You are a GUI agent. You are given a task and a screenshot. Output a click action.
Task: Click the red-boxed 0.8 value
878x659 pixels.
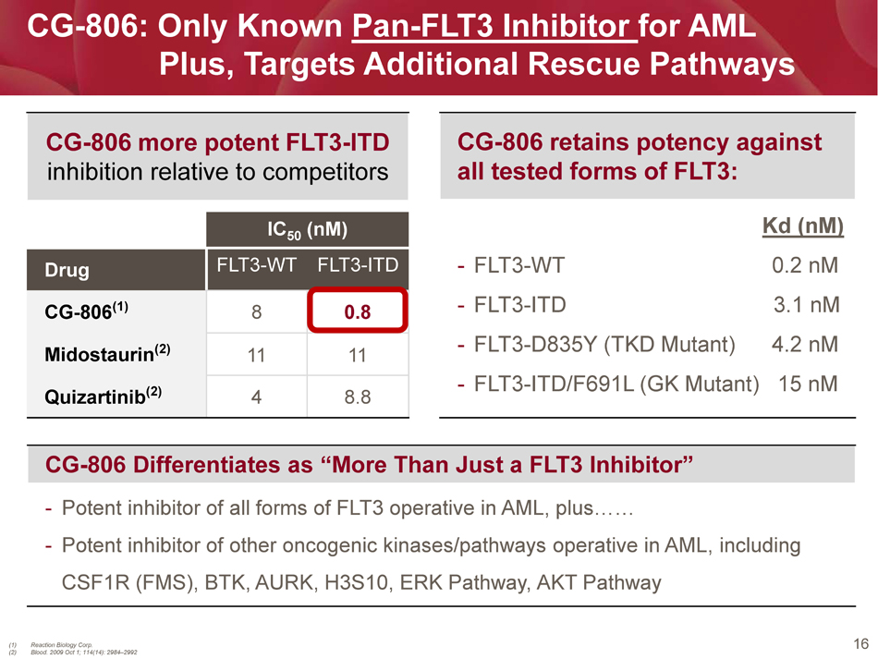tap(358, 311)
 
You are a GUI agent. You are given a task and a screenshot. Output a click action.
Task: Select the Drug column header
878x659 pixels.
tap(67, 270)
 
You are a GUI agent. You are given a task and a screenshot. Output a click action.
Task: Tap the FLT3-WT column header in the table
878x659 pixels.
tap(256, 264)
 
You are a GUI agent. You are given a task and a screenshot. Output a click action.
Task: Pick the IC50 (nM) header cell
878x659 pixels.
tap(308, 229)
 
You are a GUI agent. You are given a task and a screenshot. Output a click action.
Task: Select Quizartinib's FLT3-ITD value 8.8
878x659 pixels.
tap(358, 397)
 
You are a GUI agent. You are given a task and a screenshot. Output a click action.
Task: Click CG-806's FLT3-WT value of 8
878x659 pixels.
tap(256, 311)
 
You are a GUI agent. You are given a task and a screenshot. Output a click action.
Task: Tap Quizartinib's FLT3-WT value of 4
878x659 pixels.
tap(256, 397)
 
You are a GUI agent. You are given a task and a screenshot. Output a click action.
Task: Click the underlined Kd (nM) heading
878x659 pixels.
tap(802, 226)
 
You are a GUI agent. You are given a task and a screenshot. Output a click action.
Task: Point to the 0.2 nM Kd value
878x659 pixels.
tap(805, 265)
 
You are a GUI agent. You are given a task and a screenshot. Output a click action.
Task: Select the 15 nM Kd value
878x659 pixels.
tap(808, 384)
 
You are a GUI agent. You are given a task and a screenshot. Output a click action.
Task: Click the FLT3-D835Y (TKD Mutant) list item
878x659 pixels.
tap(604, 345)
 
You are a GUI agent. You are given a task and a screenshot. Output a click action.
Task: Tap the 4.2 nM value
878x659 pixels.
tap(805, 344)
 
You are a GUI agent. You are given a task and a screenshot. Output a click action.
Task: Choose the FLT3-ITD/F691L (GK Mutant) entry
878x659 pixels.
tap(616, 384)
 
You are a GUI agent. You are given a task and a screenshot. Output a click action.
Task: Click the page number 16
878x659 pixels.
tap(860, 644)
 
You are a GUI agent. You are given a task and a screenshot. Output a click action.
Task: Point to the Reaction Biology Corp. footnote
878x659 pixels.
tap(62, 645)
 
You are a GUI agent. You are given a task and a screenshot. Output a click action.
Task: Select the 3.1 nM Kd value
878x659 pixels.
tap(806, 305)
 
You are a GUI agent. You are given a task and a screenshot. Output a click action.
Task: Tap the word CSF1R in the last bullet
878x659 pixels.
tap(94, 583)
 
